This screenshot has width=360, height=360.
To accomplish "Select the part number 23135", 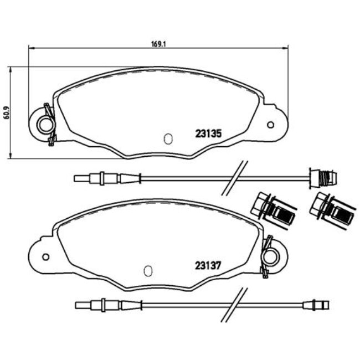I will (209, 133).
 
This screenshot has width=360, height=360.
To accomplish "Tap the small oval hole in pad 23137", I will (148, 271).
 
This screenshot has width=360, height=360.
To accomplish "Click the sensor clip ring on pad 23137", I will (272, 256).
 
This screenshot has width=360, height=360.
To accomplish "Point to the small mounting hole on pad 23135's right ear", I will (270, 124).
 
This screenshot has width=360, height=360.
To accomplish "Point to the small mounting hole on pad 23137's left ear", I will (45, 256).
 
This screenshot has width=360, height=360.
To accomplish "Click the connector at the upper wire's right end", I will (322, 178).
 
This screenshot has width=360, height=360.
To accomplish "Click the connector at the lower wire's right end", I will (315, 304).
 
